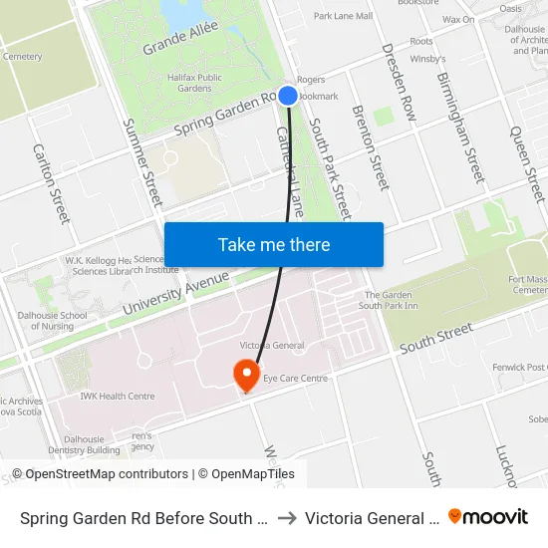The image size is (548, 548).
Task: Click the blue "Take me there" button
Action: (x=274, y=244)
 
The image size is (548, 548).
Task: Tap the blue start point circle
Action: (x=288, y=96)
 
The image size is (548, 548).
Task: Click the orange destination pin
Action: (x=246, y=376)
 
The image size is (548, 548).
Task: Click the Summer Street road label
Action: (x=142, y=163)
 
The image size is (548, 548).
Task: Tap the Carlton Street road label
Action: (x=52, y=183)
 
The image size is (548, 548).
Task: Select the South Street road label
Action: (x=434, y=338)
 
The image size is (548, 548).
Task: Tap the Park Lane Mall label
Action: (x=343, y=16)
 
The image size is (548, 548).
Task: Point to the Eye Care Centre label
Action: (x=295, y=379)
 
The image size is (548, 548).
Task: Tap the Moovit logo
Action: (x=488, y=516)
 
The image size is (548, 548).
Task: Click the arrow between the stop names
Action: (x=285, y=517)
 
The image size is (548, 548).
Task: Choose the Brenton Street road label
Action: (x=369, y=147)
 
